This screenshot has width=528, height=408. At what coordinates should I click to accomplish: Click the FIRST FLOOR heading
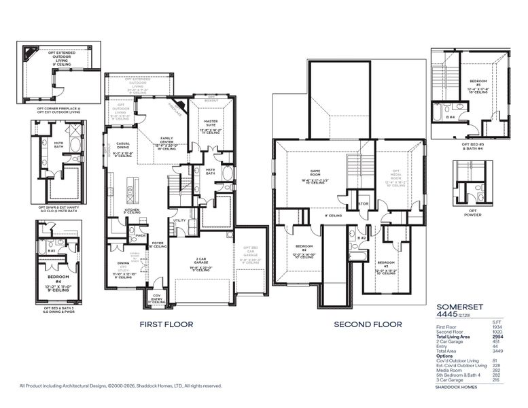tap(166, 324)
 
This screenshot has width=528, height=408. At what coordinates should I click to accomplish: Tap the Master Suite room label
tap(211, 123)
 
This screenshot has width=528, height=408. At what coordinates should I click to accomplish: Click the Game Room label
tap(315, 172)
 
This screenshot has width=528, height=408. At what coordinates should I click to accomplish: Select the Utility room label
tap(180, 220)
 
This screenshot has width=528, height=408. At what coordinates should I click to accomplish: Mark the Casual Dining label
tap(123, 144)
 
